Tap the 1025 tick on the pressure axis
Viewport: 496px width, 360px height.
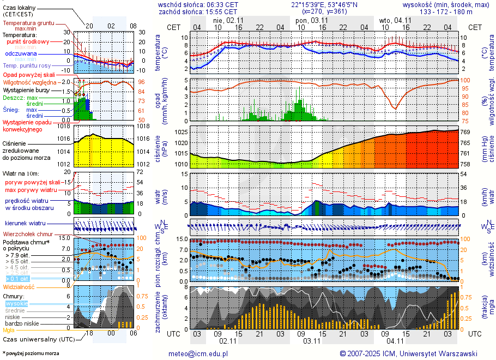click(182, 132)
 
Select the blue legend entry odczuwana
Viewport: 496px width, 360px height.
click(21, 53)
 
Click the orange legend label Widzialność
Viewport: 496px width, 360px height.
click(19, 286)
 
